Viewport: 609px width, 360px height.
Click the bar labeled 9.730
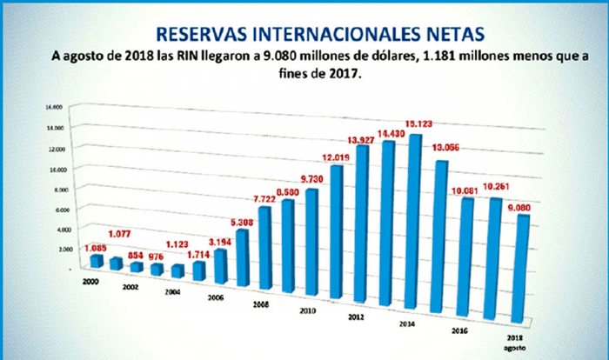pos(311,240)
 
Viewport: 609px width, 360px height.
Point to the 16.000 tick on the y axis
pos(54,107)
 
